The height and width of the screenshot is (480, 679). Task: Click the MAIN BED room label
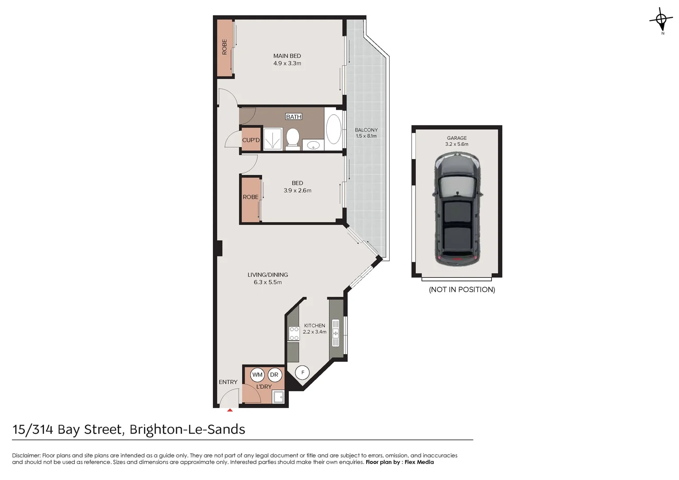coord(287,56)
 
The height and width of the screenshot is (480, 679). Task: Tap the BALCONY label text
coord(366,130)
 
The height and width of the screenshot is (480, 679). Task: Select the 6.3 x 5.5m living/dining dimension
coord(268,282)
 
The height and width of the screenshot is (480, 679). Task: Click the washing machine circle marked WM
coord(258,375)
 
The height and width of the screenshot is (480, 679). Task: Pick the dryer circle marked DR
coord(274,375)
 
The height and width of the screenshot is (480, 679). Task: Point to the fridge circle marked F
coord(303,372)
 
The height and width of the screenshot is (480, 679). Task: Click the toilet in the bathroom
coord(292,137)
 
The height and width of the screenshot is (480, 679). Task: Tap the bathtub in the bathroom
coord(333,129)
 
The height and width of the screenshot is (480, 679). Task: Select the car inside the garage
coord(457,209)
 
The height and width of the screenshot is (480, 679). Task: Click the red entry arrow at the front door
coord(230,410)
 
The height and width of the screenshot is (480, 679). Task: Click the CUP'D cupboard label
coord(251,140)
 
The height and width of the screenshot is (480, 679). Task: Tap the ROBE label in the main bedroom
coord(224,47)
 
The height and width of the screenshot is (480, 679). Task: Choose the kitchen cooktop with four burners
coord(294,334)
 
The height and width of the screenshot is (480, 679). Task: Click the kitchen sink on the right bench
coord(336,332)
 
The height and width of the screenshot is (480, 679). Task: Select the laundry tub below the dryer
coord(279,397)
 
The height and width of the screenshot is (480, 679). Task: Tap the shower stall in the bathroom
coord(273,139)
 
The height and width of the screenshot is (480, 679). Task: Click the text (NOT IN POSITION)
coord(462,290)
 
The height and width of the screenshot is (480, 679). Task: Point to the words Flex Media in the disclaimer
coord(419,462)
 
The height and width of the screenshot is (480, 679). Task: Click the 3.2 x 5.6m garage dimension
coord(457,144)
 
